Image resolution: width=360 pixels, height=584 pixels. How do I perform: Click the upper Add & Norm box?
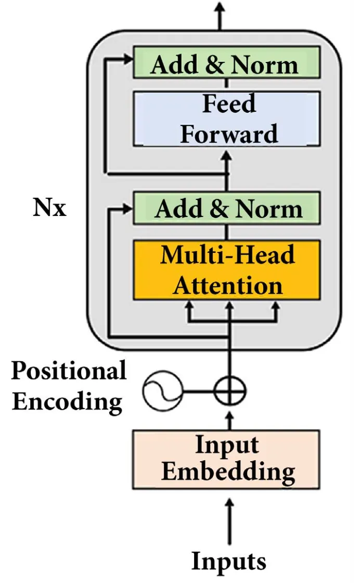pos(226,63)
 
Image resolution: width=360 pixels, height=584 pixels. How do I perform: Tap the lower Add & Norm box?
pos(226,208)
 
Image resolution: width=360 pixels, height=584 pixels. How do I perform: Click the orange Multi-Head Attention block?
pos(226,270)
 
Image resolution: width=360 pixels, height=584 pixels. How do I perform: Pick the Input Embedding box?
pos(226,459)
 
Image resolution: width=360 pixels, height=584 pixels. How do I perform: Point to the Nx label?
pos(50,209)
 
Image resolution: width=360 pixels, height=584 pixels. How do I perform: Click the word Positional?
pos(69,371)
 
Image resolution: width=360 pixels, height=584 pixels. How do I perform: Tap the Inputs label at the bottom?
pos(229,561)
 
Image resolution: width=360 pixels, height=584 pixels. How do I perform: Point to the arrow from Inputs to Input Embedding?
pos(229,520)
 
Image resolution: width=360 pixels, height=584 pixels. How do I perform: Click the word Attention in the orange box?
pos(227,285)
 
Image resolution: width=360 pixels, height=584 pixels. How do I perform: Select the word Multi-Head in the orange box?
pos(227,256)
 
